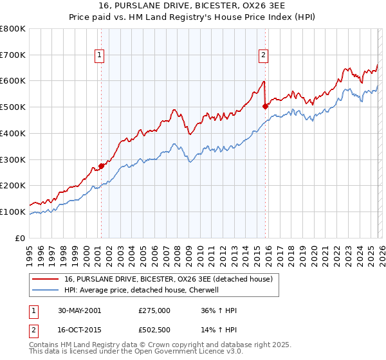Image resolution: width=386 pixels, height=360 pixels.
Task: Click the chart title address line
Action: [x=193, y=6]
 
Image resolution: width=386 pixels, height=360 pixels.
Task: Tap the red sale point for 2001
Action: [x=101, y=166]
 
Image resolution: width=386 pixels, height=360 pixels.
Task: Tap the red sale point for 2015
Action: [x=265, y=107]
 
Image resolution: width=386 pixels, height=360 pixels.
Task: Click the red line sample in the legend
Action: [x=46, y=279]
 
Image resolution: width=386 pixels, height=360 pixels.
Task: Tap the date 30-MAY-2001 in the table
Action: [x=78, y=310]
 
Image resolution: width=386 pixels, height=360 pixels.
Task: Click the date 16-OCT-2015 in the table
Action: [x=78, y=330]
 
